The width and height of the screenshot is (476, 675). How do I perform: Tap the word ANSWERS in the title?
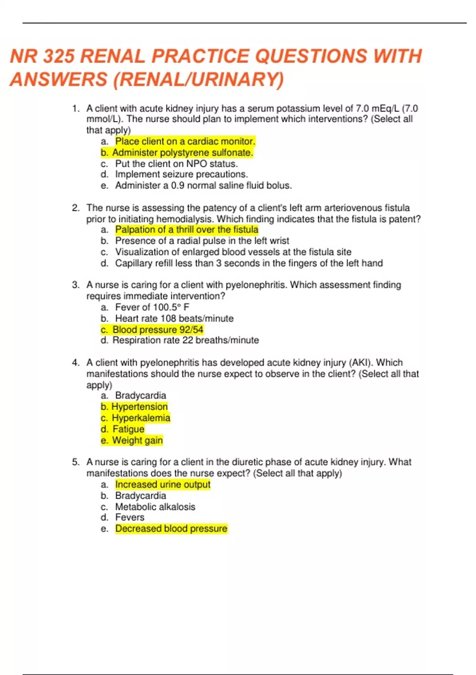[x=59, y=79]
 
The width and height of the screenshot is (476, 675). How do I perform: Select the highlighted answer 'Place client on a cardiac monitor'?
[x=185, y=141]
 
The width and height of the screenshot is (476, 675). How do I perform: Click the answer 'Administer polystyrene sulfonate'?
[x=182, y=152]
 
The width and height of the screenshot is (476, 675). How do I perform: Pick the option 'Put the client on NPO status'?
[x=176, y=164]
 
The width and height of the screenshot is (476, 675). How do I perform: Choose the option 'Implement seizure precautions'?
[x=181, y=174]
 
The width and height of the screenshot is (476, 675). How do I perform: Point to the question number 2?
[x=76, y=208]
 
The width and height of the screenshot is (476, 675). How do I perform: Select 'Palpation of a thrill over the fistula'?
[x=186, y=229]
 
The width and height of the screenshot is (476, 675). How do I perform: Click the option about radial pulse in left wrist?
[x=202, y=241]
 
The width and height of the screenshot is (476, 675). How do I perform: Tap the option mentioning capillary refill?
[x=249, y=263]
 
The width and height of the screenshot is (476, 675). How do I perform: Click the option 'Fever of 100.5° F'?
[x=152, y=307]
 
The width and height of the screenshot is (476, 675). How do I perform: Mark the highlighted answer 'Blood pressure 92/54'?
[x=157, y=330]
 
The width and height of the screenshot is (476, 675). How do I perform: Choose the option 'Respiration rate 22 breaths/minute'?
[x=185, y=340]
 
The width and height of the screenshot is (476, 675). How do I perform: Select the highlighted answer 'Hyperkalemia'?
[x=140, y=418]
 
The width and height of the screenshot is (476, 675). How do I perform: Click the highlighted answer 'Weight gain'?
[x=137, y=440]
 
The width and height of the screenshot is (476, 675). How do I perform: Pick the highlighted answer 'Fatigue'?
[x=128, y=429]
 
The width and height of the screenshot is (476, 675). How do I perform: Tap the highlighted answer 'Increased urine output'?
[x=163, y=484]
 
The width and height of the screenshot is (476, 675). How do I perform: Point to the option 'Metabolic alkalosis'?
[x=155, y=507]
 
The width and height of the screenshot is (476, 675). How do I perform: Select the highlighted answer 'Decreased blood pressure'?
[x=171, y=528]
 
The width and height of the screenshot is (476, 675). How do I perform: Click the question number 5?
[x=76, y=462]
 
